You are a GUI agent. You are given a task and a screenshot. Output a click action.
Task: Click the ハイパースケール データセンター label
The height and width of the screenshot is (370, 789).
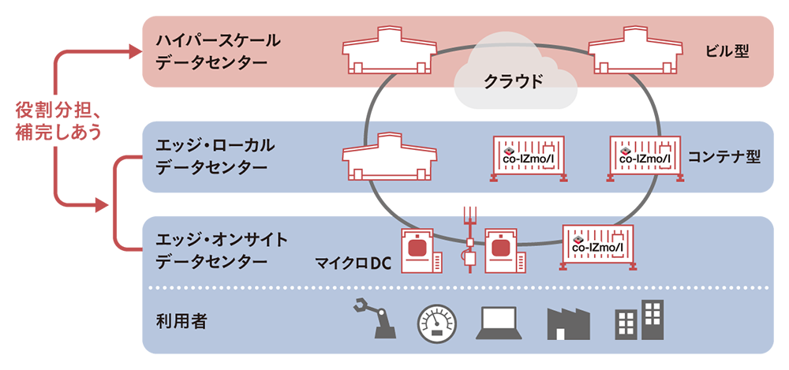click(x=208, y=51)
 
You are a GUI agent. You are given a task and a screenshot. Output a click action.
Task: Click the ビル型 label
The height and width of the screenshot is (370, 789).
click(x=726, y=52)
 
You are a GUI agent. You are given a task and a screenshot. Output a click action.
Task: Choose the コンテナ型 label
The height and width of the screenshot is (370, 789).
click(x=724, y=156)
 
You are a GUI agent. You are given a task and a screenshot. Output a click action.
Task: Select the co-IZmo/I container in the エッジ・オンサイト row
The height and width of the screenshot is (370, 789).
click(x=596, y=246)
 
